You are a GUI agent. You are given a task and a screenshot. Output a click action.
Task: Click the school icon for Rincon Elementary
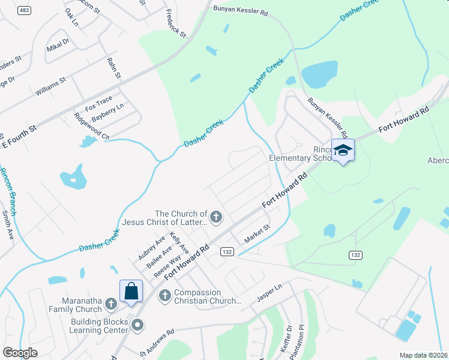[343, 150]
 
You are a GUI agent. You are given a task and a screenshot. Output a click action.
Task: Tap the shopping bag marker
[131, 292]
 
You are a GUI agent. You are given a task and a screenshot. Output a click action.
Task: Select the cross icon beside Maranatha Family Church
[110, 305]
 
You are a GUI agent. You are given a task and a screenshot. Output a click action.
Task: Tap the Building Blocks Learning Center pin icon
[137, 326]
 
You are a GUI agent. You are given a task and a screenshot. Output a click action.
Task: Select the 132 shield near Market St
[226, 251]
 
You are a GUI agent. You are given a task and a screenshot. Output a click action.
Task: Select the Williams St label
[49, 91]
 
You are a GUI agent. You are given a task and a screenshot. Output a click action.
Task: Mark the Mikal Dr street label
[58, 45]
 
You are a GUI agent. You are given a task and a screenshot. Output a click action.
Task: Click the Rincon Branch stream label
[8, 192]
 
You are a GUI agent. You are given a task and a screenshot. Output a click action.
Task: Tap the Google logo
[20, 353]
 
